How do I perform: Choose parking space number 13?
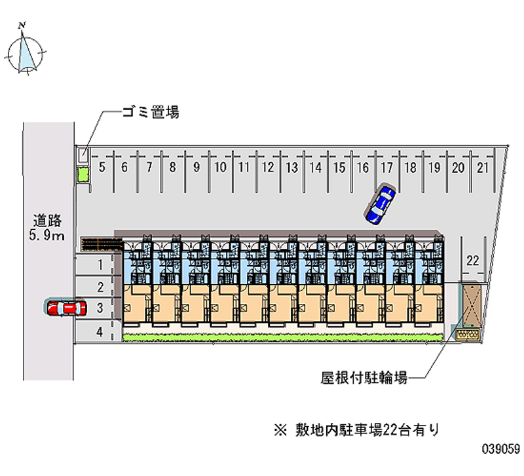click(x=291, y=168)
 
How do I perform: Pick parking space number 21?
click(x=483, y=168)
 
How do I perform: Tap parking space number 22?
click(x=472, y=261)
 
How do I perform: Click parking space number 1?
click(x=100, y=265)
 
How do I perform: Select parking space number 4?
click(x=100, y=332)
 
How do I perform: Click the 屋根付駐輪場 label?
click(x=364, y=378)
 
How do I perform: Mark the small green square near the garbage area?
click(x=83, y=175)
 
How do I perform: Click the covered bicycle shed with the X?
click(x=472, y=306)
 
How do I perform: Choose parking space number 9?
click(x=196, y=168)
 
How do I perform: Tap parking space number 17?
click(x=387, y=168)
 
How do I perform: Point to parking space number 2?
click(x=100, y=287)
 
